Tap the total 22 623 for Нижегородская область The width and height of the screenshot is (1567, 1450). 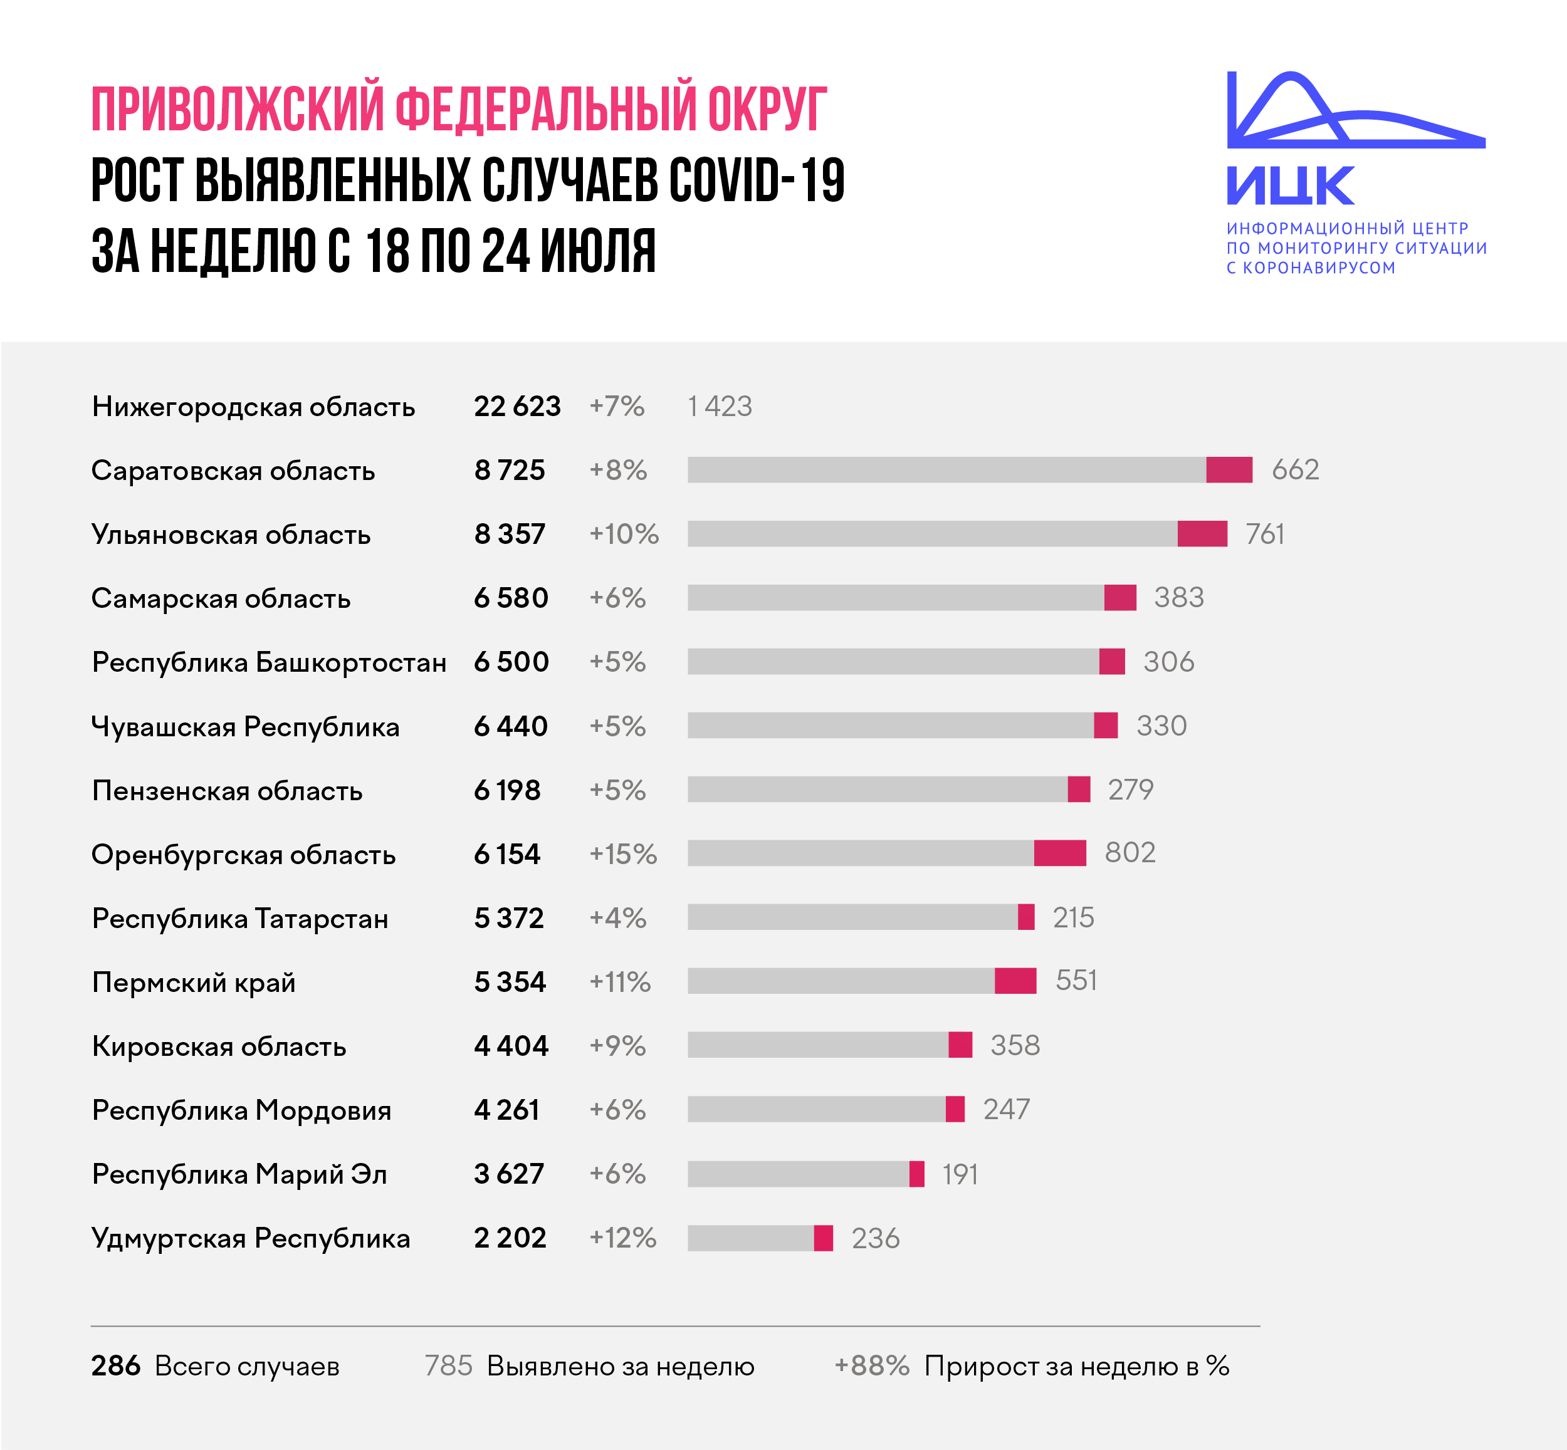517,407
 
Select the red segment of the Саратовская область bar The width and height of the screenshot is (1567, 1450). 1229,470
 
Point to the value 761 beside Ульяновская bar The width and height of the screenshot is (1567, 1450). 1265,535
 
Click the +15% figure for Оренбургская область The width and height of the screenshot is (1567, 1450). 623,853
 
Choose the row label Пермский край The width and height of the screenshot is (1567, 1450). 194,983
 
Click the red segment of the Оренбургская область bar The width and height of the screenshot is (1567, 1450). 1059,853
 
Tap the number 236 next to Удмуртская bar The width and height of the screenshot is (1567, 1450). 875,1238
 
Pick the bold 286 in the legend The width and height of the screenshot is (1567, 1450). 115,1366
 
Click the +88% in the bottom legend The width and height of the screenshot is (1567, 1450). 872,1366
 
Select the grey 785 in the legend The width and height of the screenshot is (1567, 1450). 448,1366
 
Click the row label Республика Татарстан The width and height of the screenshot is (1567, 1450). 240,918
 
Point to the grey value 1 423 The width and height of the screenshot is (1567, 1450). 720,407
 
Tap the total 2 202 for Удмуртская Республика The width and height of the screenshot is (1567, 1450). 510,1238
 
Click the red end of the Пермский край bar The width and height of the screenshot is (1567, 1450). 1015,981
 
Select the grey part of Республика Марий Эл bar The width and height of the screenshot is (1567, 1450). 798,1174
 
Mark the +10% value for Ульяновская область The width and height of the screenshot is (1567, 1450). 624,535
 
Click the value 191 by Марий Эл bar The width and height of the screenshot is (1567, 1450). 960,1174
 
